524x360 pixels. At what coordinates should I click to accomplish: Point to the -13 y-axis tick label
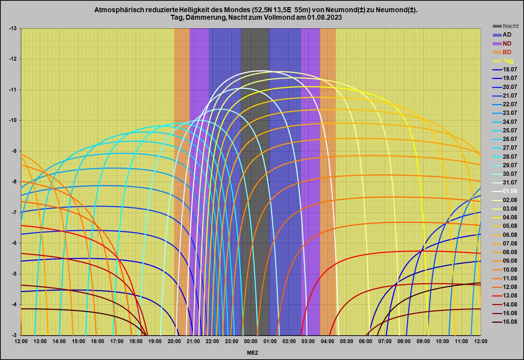pos(13,28)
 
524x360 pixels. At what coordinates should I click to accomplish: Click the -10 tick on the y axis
pos(13,120)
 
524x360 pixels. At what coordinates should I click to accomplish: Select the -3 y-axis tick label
pos(14,335)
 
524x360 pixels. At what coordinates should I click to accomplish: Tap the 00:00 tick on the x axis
pos(251,341)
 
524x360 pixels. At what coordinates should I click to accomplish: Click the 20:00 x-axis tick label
pos(174,341)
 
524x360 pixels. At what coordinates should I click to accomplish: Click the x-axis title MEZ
pos(252,352)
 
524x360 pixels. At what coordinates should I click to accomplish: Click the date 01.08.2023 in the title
pos(324,18)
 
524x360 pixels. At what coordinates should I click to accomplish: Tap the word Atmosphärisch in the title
pos(119,10)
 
